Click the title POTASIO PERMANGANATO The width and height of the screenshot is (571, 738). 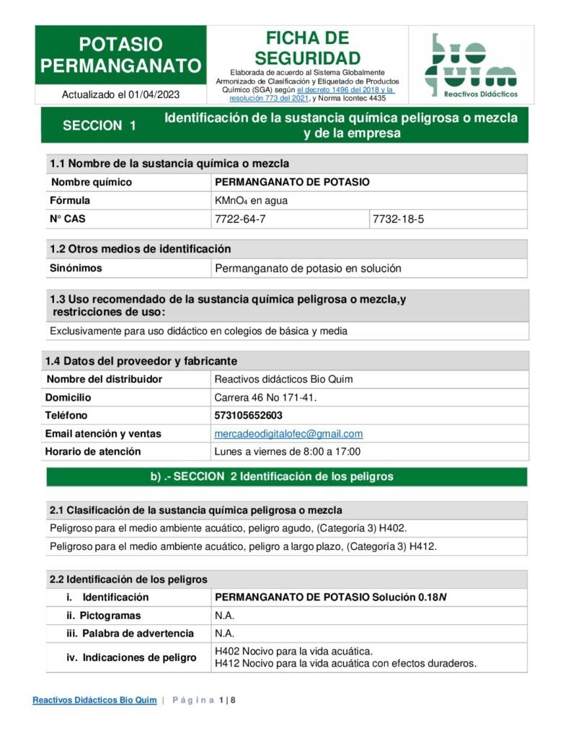pos(120,55)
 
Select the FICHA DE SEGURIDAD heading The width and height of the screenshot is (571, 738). pos(307,48)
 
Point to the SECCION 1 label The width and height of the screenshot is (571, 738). pos(99,125)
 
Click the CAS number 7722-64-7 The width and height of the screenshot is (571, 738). pos(240,219)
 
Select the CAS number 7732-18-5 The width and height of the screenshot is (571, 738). pos(398,219)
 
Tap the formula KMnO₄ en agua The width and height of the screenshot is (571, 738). pos(251,200)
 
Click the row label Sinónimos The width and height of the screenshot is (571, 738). pos(76,268)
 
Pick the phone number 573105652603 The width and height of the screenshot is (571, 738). pos(249,415)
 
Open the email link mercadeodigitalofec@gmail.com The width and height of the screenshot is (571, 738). pos(288,434)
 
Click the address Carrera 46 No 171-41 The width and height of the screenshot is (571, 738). pos(266,397)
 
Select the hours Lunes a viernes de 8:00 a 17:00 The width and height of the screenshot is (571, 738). pos(288,452)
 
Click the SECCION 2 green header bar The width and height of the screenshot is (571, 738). pos(286,476)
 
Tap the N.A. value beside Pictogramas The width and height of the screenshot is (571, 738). pos(225,615)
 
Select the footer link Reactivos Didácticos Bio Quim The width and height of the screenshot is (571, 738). pos(94,700)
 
